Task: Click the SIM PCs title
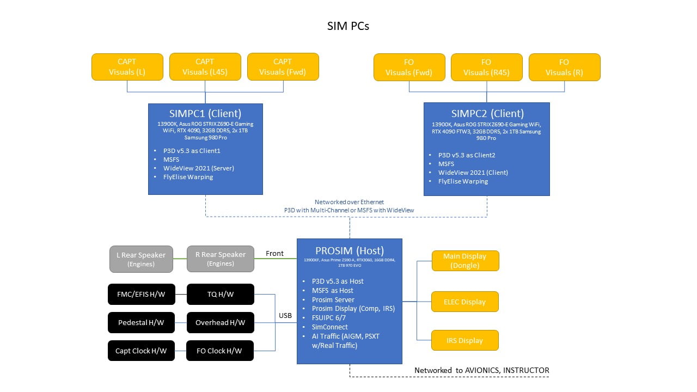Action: pyautogui.click(x=348, y=26)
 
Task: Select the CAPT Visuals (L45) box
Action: pyautogui.click(x=205, y=67)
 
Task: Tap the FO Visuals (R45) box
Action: pyautogui.click(x=486, y=67)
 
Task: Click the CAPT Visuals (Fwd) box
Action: pyautogui.click(x=283, y=67)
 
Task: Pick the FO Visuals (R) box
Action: pyautogui.click(x=564, y=67)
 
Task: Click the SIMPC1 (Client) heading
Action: pyautogui.click(x=205, y=114)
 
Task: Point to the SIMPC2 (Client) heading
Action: pyautogui.click(x=487, y=114)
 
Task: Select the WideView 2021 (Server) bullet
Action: pyautogui.click(x=198, y=168)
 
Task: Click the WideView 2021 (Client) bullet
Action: pyautogui.click(x=473, y=173)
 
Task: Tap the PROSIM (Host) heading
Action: pyautogui.click(x=349, y=251)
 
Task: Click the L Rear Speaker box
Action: pyautogui.click(x=141, y=259)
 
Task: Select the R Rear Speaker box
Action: pyautogui.click(x=220, y=259)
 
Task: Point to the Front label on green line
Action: pyautogui.click(x=274, y=253)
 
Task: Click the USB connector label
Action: pyautogui.click(x=285, y=316)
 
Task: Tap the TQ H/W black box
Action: pyautogui.click(x=220, y=295)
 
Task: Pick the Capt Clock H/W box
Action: pyautogui.click(x=141, y=351)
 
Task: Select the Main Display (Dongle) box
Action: pyautogui.click(x=465, y=261)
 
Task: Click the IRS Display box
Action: pyautogui.click(x=465, y=340)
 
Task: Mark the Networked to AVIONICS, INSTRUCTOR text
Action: pyautogui.click(x=481, y=370)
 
